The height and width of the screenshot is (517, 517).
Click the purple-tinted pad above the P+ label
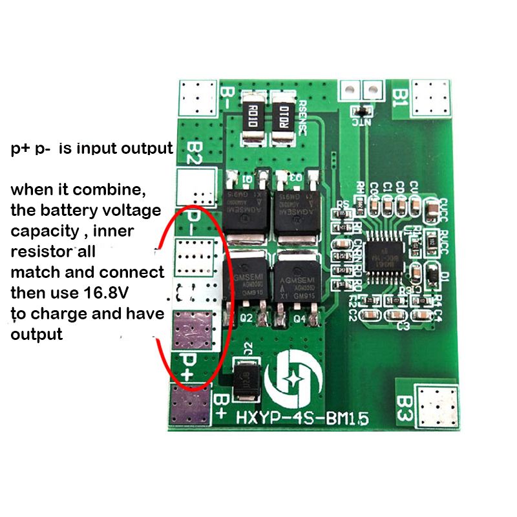(193, 328)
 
